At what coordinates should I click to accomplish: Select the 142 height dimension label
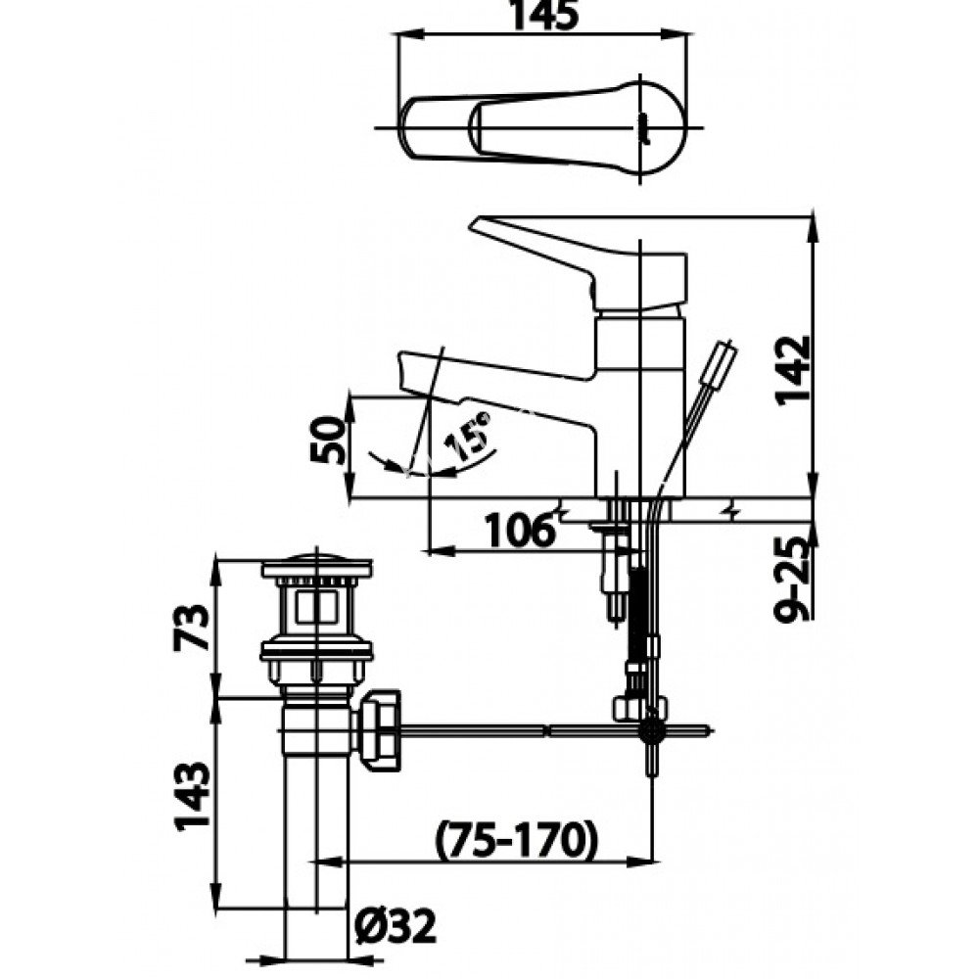(792, 370)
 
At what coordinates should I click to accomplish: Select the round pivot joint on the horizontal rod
(650, 729)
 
